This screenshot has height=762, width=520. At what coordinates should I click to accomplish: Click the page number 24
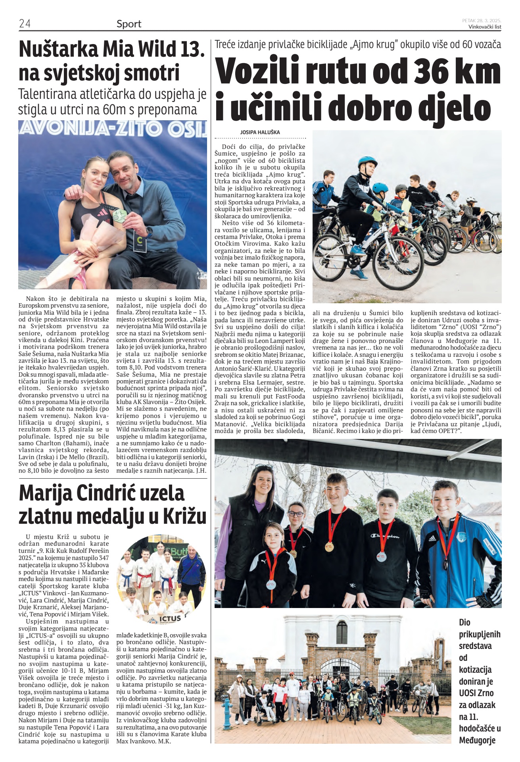pyautogui.click(x=25, y=23)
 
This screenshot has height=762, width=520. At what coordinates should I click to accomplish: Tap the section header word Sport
pyautogui.click(x=129, y=24)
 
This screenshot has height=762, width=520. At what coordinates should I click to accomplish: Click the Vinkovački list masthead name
pyautogui.click(x=485, y=27)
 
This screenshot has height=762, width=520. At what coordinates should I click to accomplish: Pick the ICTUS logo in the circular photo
pyautogui.click(x=169, y=618)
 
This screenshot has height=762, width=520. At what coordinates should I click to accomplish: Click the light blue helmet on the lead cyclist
pyautogui.click(x=367, y=162)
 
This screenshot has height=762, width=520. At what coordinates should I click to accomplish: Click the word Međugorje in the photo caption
pyautogui.click(x=478, y=740)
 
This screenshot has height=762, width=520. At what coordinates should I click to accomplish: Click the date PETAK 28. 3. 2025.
pyautogui.click(x=482, y=20)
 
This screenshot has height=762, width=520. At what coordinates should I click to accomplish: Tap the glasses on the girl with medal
pyautogui.click(x=295, y=514)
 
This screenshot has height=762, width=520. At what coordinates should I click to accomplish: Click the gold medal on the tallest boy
pyautogui.click(x=329, y=546)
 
